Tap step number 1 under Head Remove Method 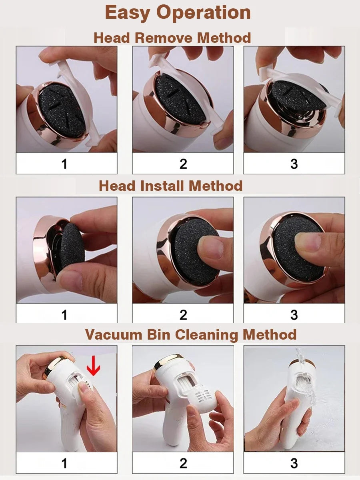(64, 164)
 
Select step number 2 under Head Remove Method (183, 164)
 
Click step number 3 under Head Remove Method (294, 164)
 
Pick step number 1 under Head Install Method (64, 315)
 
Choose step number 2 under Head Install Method (183, 315)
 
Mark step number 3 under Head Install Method (294, 315)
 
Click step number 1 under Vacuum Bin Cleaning (64, 463)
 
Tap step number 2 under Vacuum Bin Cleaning (183, 463)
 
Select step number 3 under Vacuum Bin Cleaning (294, 463)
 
